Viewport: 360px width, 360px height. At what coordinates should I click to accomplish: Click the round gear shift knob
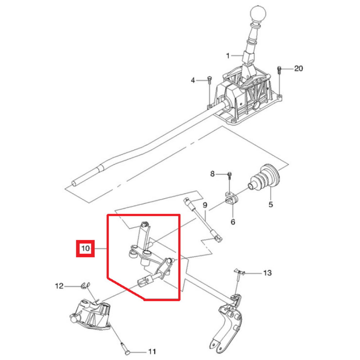point(258,14)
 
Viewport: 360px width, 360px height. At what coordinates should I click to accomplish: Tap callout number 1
point(228,56)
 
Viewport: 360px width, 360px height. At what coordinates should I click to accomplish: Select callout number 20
point(298,68)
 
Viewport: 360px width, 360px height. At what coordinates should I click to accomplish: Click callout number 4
point(193,80)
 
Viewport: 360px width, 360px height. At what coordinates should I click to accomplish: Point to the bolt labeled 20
point(279,70)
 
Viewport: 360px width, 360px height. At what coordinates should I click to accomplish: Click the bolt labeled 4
point(210,81)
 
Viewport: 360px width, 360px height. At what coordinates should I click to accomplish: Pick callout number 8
point(212,174)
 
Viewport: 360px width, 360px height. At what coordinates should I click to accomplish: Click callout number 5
point(271,204)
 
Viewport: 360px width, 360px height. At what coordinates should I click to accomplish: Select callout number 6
point(233,222)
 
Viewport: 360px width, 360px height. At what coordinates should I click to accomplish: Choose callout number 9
point(205,205)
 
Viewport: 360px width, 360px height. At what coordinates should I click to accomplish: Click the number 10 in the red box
point(85,248)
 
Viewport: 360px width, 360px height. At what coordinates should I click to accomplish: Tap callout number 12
point(59,286)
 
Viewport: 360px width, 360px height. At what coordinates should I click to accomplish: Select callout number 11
point(152,351)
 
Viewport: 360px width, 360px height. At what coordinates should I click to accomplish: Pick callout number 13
point(267,273)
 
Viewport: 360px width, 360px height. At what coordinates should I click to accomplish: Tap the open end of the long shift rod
point(74,184)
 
